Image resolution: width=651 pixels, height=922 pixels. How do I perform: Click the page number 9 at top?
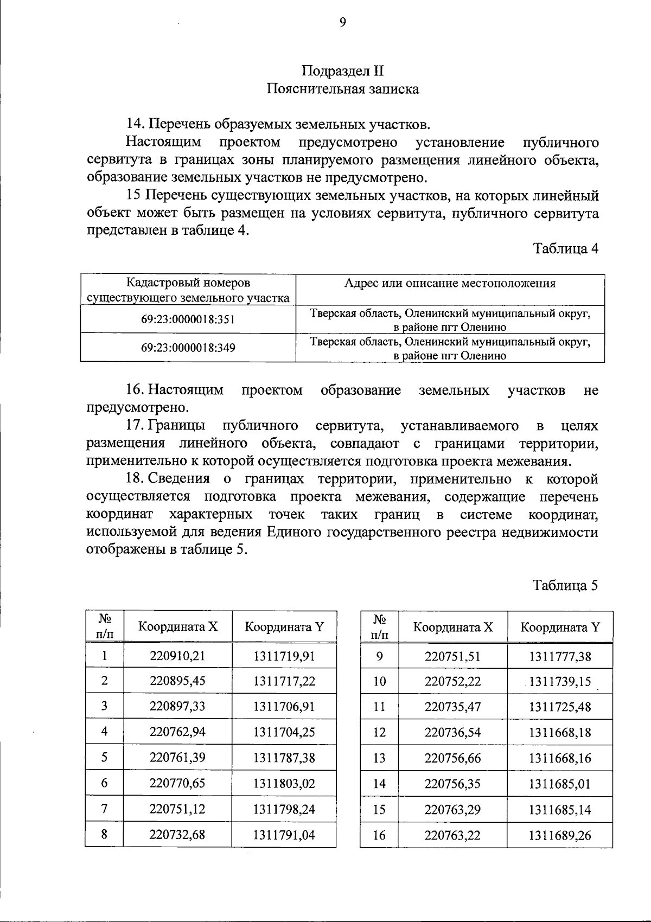click(342, 22)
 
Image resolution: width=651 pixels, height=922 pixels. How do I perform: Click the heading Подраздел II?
click(342, 72)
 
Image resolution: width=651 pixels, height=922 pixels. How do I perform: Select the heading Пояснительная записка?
click(342, 89)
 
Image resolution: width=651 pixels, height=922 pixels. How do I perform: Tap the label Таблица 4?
click(565, 249)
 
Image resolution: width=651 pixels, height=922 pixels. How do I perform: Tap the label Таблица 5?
click(565, 586)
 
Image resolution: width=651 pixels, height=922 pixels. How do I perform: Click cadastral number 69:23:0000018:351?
click(188, 319)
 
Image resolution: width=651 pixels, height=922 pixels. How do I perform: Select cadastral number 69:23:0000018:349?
click(188, 348)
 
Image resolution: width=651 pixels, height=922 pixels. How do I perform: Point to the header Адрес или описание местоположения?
click(450, 284)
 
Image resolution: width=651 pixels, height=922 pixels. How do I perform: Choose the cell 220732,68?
click(177, 835)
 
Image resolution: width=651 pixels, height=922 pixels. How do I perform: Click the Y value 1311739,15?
click(560, 682)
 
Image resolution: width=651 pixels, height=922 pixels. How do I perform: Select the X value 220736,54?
click(452, 733)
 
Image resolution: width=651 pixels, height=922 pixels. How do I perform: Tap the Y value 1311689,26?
click(560, 836)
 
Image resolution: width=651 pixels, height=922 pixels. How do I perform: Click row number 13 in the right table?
click(379, 758)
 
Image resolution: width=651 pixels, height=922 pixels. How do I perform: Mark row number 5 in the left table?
click(104, 757)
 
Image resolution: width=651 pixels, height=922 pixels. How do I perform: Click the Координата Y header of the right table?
click(560, 628)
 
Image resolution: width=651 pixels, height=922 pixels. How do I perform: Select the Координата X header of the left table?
click(178, 627)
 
